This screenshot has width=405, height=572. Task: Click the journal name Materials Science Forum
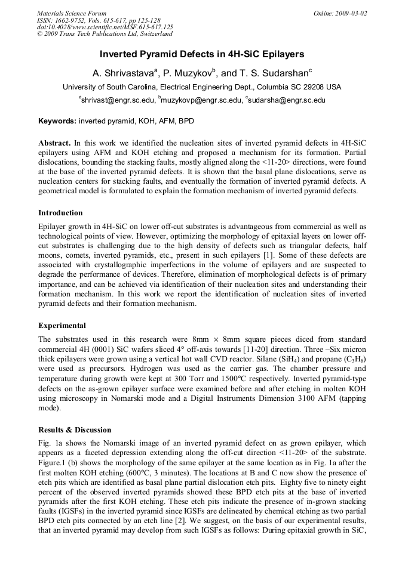click(x=72, y=13)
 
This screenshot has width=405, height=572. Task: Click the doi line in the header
click(x=105, y=27)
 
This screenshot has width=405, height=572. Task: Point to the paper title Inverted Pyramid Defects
click(x=202, y=54)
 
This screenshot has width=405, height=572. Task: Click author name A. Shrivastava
click(x=122, y=73)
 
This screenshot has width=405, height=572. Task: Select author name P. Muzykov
click(x=189, y=73)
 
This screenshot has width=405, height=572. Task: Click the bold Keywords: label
click(x=57, y=121)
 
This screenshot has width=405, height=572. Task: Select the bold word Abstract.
click(x=54, y=144)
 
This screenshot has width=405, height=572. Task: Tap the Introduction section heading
click(x=60, y=213)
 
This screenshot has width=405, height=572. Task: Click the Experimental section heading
click(x=62, y=326)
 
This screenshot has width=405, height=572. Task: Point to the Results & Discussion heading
click(x=75, y=429)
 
